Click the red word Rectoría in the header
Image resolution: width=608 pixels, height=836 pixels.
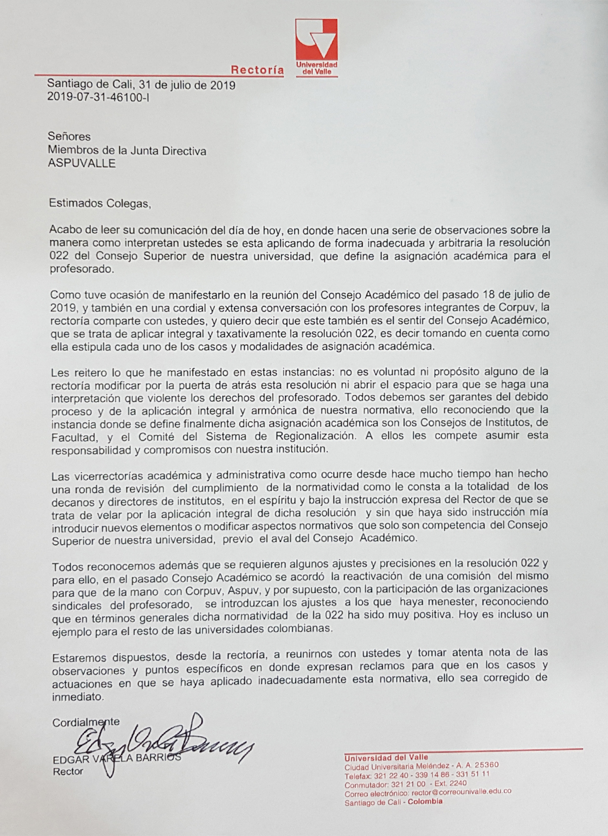tap(257, 70)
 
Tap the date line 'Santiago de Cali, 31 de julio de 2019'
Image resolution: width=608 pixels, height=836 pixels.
tap(141, 86)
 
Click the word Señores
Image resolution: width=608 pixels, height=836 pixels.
tap(69, 136)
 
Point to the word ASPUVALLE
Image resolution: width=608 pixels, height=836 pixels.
tap(82, 163)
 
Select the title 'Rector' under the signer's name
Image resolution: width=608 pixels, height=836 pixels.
tap(68, 772)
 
